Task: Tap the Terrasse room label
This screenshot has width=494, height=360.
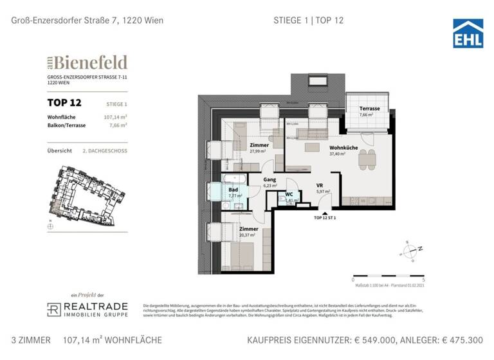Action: pyautogui.click(x=369, y=109)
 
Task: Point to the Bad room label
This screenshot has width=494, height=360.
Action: pyautogui.click(x=232, y=190)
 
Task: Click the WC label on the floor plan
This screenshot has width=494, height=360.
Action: pyautogui.click(x=289, y=194)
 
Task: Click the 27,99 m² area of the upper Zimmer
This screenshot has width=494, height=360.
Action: pyautogui.click(x=259, y=152)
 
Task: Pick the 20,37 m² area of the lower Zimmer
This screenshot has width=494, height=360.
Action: pyautogui.click(x=248, y=235)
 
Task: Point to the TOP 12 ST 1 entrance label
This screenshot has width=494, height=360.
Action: pyautogui.click(x=325, y=218)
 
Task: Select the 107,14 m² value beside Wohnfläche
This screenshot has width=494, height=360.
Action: pyautogui.click(x=114, y=117)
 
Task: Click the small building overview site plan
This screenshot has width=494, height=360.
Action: pyautogui.click(x=82, y=194)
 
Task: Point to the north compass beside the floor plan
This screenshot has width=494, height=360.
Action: pyautogui.click(x=408, y=249)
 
